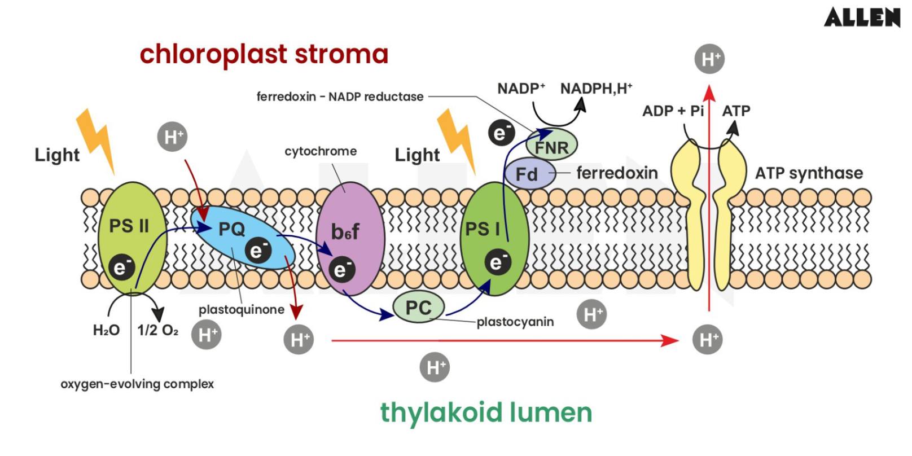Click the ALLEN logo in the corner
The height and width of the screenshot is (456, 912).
pyautogui.click(x=861, y=17)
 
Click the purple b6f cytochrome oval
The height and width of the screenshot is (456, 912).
pyautogui.click(x=350, y=237)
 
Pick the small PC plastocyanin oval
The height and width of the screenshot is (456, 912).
pyautogui.click(x=418, y=308)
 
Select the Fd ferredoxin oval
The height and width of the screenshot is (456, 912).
pyautogui.click(x=529, y=173)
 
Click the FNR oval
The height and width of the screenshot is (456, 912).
pyautogui.click(x=551, y=147)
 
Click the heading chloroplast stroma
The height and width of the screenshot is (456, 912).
pyautogui.click(x=264, y=54)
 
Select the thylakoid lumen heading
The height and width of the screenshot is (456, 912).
pyautogui.click(x=485, y=413)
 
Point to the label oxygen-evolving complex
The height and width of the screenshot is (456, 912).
pyautogui.click(x=137, y=384)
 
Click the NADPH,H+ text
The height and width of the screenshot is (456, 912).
pyautogui.click(x=596, y=89)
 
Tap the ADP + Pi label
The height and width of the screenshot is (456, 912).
pyautogui.click(x=673, y=111)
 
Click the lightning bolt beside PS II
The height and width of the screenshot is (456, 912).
pyautogui.click(x=95, y=138)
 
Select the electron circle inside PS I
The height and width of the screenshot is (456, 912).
pyautogui.click(x=497, y=262)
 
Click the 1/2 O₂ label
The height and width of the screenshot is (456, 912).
pyautogui.click(x=157, y=330)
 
